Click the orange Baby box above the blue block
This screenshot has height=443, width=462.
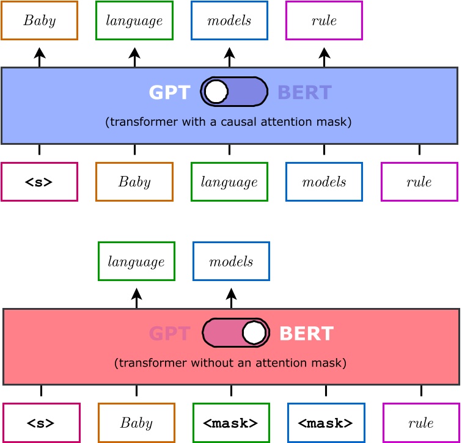pyautogui.click(x=39, y=21)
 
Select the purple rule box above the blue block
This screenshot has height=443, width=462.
pyautogui.click(x=324, y=21)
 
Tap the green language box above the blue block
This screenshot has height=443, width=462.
pyautogui.click(x=134, y=21)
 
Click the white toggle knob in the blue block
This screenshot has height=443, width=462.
pyautogui.click(x=216, y=92)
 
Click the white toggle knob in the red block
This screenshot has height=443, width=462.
pyautogui.click(x=254, y=333)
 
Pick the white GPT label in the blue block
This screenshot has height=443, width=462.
pyautogui.click(x=169, y=93)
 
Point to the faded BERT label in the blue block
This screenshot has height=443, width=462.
pyautogui.click(x=304, y=93)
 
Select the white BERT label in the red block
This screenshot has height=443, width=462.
pyautogui.click(x=306, y=334)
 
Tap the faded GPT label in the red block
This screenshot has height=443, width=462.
pyautogui.click(x=169, y=334)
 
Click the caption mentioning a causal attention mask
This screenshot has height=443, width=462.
pyautogui.click(x=229, y=122)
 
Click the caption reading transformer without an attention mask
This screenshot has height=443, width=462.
pyautogui.click(x=230, y=363)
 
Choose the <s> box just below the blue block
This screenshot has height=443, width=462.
pyautogui.click(x=39, y=182)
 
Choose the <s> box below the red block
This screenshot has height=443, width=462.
pyautogui.click(x=41, y=423)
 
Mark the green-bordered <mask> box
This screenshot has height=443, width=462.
pyautogui.click(x=231, y=423)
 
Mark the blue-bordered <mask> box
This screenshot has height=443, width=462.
pyautogui.click(x=326, y=423)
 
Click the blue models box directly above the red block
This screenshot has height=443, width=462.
pyautogui.click(x=231, y=262)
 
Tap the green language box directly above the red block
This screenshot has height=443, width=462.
pyautogui.click(x=136, y=262)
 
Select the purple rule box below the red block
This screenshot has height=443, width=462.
pyautogui.click(x=421, y=423)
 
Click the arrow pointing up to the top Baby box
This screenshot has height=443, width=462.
pyautogui.click(x=39, y=57)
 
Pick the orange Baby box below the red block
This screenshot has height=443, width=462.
pyautogui.click(x=136, y=423)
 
